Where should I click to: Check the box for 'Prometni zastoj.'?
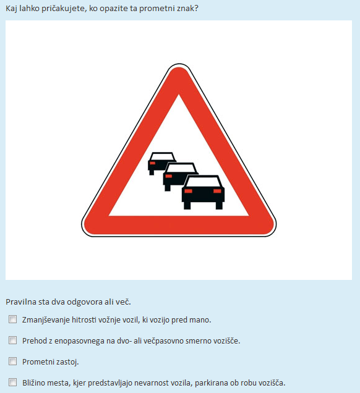coord(13,361)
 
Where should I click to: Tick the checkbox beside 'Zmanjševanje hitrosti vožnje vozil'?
coord(13,319)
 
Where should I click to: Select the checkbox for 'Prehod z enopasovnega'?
coord(13,340)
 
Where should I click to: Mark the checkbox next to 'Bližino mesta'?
coord(13,382)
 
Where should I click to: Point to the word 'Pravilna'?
coord(21,302)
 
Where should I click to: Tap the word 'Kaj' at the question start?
coord(11,9)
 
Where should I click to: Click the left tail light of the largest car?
coord(189,191)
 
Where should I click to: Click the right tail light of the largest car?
coord(217,191)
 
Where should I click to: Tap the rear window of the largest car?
coord(204,182)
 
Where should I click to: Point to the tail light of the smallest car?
coord(153,163)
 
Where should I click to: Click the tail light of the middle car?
coord(169,176)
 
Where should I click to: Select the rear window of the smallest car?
coord(162,157)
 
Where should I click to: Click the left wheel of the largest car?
coord(187,206)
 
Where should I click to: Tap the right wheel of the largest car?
coord(219,206)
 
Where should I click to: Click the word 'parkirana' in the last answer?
coord(210,383)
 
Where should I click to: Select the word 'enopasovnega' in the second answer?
coord(79,341)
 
